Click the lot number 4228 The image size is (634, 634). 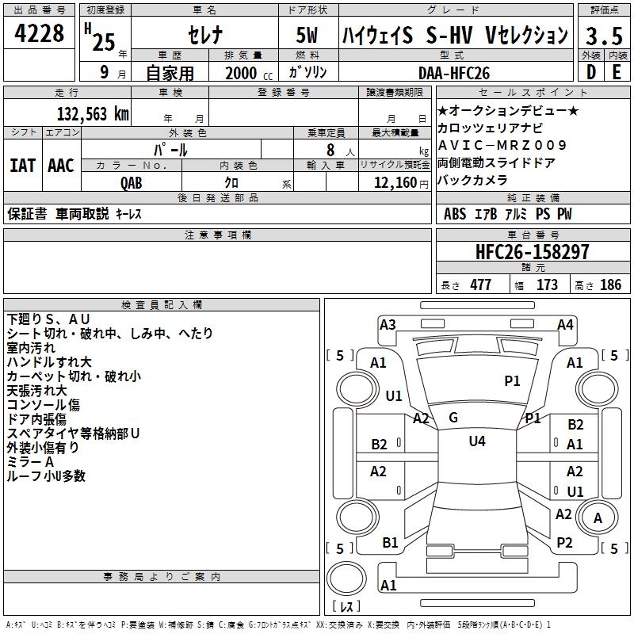click(39, 33)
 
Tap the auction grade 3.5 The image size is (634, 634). click(604, 36)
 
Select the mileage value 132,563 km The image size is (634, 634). click(93, 113)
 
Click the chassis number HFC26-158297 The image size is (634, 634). click(532, 251)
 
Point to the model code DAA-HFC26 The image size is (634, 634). click(454, 73)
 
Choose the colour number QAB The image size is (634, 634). click(132, 183)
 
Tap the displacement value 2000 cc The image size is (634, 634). click(249, 73)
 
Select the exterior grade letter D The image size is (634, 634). click(591, 72)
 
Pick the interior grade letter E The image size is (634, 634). click(617, 72)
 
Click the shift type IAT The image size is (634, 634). click(22, 166)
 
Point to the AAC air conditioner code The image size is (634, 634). click(61, 166)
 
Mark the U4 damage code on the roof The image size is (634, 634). click(477, 441)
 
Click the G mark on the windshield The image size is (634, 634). click(453, 418)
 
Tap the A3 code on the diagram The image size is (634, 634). click(388, 325)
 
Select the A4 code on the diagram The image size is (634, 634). click(565, 325)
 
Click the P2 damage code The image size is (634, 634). click(564, 543)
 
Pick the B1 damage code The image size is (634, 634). click(390, 543)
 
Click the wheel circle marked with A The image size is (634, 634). click(598, 518)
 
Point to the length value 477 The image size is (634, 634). click(481, 285)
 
